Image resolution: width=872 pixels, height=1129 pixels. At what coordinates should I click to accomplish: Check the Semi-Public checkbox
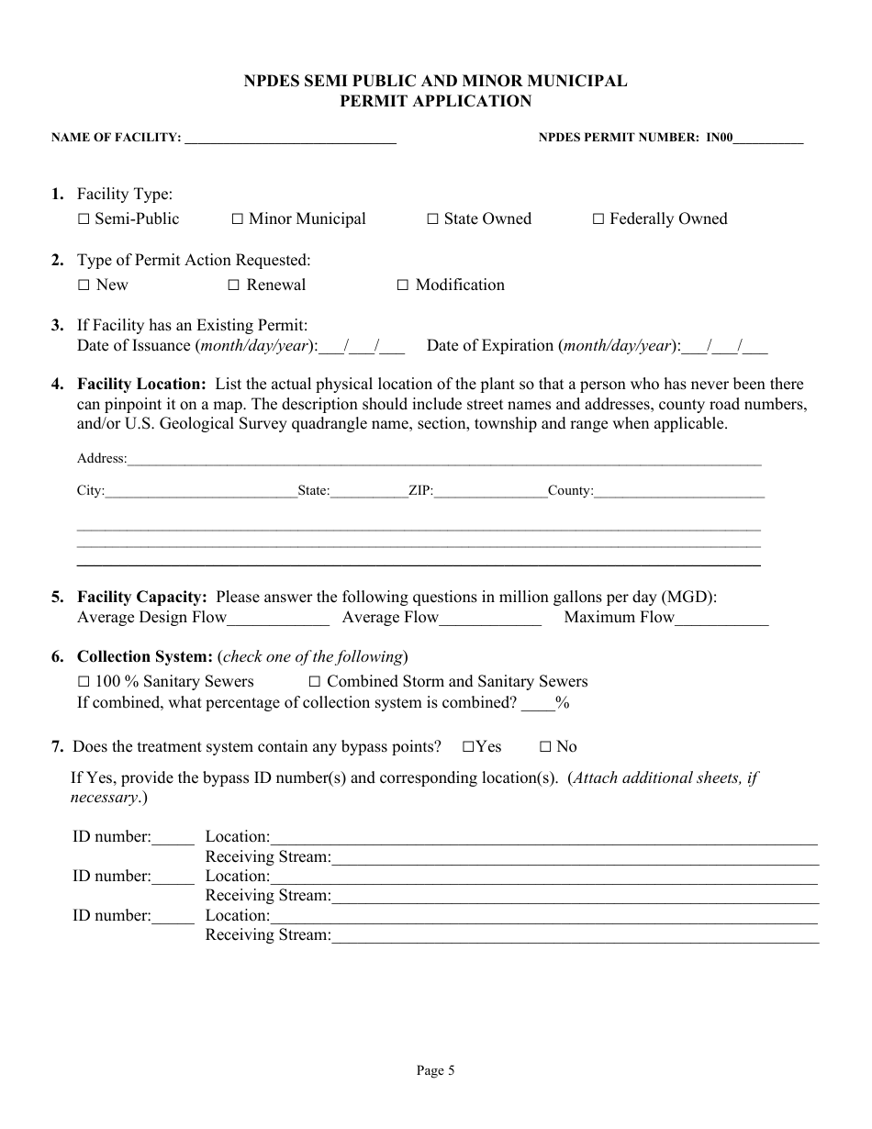click(x=84, y=219)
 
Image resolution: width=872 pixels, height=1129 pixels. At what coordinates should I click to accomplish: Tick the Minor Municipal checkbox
click(x=237, y=219)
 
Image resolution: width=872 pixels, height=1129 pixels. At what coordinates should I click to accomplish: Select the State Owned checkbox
click(x=432, y=219)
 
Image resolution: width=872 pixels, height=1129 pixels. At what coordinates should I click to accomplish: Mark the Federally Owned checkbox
click(x=598, y=219)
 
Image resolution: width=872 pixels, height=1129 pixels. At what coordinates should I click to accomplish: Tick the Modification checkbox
click(x=402, y=285)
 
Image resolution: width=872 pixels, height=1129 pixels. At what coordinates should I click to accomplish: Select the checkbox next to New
click(x=84, y=285)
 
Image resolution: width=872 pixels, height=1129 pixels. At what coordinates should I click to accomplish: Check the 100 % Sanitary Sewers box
click(x=84, y=682)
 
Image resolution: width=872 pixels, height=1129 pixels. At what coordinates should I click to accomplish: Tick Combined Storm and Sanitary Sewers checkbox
click(x=314, y=682)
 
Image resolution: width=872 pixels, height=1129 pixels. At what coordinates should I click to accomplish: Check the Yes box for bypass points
click(x=468, y=747)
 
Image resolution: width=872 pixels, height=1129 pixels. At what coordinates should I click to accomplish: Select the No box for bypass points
click(x=544, y=747)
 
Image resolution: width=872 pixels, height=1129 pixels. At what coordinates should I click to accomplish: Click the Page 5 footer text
click(x=435, y=1070)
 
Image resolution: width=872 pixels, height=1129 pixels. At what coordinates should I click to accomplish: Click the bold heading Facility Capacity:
click(x=141, y=598)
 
